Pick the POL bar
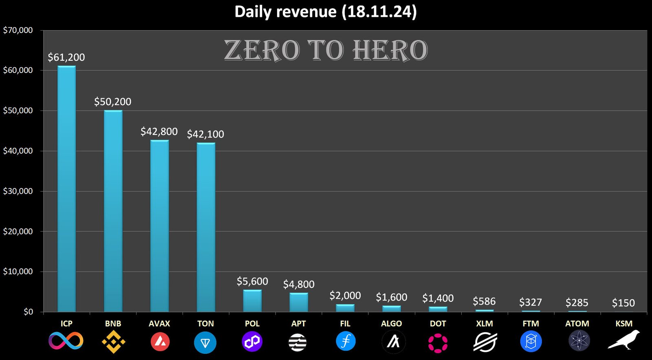pyautogui.click(x=252, y=301)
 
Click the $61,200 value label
pyautogui.click(x=66, y=57)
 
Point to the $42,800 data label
pyautogui.click(x=159, y=132)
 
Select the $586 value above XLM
pyautogui.click(x=484, y=302)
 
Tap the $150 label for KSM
pyautogui.click(x=623, y=303)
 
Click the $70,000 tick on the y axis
pyautogui.click(x=18, y=30)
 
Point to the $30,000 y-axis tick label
pyautogui.click(x=18, y=191)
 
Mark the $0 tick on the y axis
pyautogui.click(x=28, y=312)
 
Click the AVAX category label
pyautogui.click(x=159, y=324)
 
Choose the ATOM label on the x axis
pyautogui.click(x=577, y=324)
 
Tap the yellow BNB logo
pyautogui.click(x=113, y=342)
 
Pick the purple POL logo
pyautogui.click(x=252, y=341)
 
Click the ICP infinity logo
pyautogui.click(x=66, y=341)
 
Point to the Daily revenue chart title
pyautogui.click(x=326, y=11)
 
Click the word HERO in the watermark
pyautogui.click(x=390, y=51)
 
